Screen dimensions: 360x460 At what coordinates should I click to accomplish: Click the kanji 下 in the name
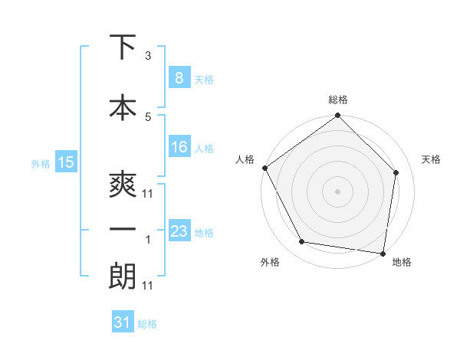[x=123, y=47]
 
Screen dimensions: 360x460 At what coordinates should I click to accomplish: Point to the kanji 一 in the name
[x=123, y=229]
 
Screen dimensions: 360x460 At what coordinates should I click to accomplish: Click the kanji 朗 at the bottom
[x=123, y=275]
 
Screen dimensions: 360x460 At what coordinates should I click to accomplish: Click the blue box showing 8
[x=179, y=77]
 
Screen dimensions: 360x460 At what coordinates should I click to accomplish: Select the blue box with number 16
[x=179, y=148]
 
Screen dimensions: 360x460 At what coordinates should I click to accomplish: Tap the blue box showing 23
[x=179, y=231]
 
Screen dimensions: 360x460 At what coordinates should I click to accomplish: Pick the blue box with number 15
[x=66, y=162]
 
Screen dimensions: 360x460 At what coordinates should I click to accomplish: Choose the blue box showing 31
[x=123, y=322]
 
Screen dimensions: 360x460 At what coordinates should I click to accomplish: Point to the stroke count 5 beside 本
[x=148, y=116]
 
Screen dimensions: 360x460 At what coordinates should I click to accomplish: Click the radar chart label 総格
[x=338, y=100]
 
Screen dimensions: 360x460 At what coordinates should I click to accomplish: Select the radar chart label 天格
[x=432, y=159]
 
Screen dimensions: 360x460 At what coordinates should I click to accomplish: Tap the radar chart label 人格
[x=245, y=159]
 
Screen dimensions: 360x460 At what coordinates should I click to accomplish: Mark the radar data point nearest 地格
[x=383, y=253]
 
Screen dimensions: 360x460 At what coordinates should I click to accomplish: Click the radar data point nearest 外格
[x=302, y=242]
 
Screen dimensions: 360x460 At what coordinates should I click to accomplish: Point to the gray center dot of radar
[x=338, y=191]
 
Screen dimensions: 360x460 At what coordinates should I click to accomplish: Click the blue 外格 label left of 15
[x=41, y=162]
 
